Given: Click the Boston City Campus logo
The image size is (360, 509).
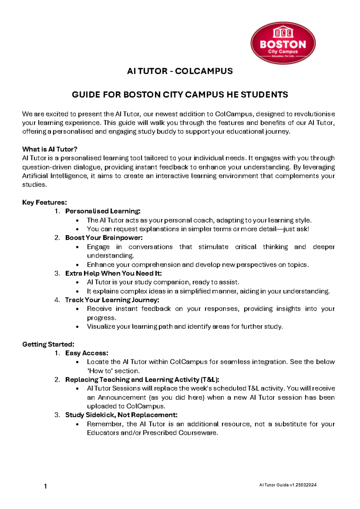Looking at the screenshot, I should pos(283,43).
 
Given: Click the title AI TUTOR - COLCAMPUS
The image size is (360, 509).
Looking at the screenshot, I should pos(180,71).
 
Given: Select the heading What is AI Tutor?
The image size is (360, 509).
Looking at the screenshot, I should pos(50,149).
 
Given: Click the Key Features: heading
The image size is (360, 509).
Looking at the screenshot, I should pos(44,202).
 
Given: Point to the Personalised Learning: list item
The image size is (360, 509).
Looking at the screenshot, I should pos(103,211).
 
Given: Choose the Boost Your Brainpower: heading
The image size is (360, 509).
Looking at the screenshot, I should pos(104,238).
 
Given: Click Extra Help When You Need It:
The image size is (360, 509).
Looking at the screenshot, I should pos(113,273).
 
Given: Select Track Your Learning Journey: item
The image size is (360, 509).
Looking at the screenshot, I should pos(112,300).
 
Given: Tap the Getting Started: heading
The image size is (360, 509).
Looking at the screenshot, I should pos(48,344).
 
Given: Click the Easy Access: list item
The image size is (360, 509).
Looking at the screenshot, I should pos(87,353).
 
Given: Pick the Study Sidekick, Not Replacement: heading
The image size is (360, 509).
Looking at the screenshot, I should pos(121,415).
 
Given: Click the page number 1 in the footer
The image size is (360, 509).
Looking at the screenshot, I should pos(45,486).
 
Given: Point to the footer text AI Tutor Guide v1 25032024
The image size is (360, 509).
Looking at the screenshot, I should pos(288,485).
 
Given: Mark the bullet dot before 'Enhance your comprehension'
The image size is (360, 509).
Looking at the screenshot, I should pos(78,265).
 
